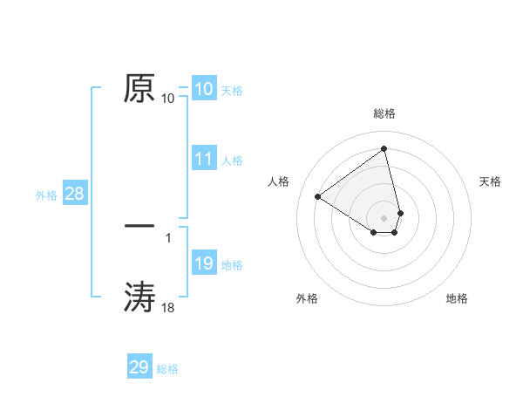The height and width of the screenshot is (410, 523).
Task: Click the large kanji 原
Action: pos(139,88)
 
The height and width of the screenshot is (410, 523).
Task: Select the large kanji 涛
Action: pos(139,297)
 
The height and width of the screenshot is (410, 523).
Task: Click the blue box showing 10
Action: pos(203,89)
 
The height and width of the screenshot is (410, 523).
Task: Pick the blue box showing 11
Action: pos(203,159)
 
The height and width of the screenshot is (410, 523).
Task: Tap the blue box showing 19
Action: pos(203,263)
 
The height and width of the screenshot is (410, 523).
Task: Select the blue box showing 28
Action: pos(74,194)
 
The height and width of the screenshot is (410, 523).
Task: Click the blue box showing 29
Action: pos(139,367)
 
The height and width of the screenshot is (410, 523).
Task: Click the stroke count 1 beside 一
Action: pos(167,236)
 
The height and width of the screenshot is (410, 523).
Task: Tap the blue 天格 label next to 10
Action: pos(232,91)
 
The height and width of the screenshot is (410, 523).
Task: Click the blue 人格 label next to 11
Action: pos(232,161)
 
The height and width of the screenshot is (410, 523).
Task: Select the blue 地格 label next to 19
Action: pos(232,265)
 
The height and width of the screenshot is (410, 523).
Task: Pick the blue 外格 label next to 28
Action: pos(46,195)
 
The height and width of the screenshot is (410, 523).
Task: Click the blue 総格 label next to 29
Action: pos(167,369)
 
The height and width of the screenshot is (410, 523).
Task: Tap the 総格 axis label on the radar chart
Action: pos(384,113)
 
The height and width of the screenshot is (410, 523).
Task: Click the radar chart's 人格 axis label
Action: pos(278,181)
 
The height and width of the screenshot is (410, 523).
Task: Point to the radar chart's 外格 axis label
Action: pos(307,298)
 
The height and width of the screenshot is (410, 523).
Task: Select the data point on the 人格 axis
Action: pos(318,196)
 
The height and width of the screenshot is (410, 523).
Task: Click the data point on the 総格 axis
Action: pos(384,148)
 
